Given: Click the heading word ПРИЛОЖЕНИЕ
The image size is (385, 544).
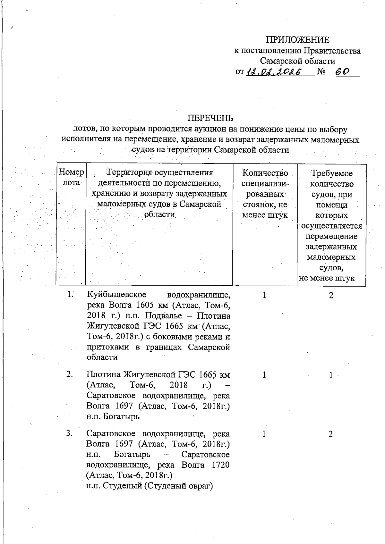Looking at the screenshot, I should tap(297, 40).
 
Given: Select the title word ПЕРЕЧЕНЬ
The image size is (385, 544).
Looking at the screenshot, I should tap(210, 119).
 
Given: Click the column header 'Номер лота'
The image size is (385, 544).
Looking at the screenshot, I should tap(71, 177).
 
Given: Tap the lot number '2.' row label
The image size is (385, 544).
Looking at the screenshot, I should tap(70, 374).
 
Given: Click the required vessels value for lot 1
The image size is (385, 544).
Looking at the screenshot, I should tap(331, 295).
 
